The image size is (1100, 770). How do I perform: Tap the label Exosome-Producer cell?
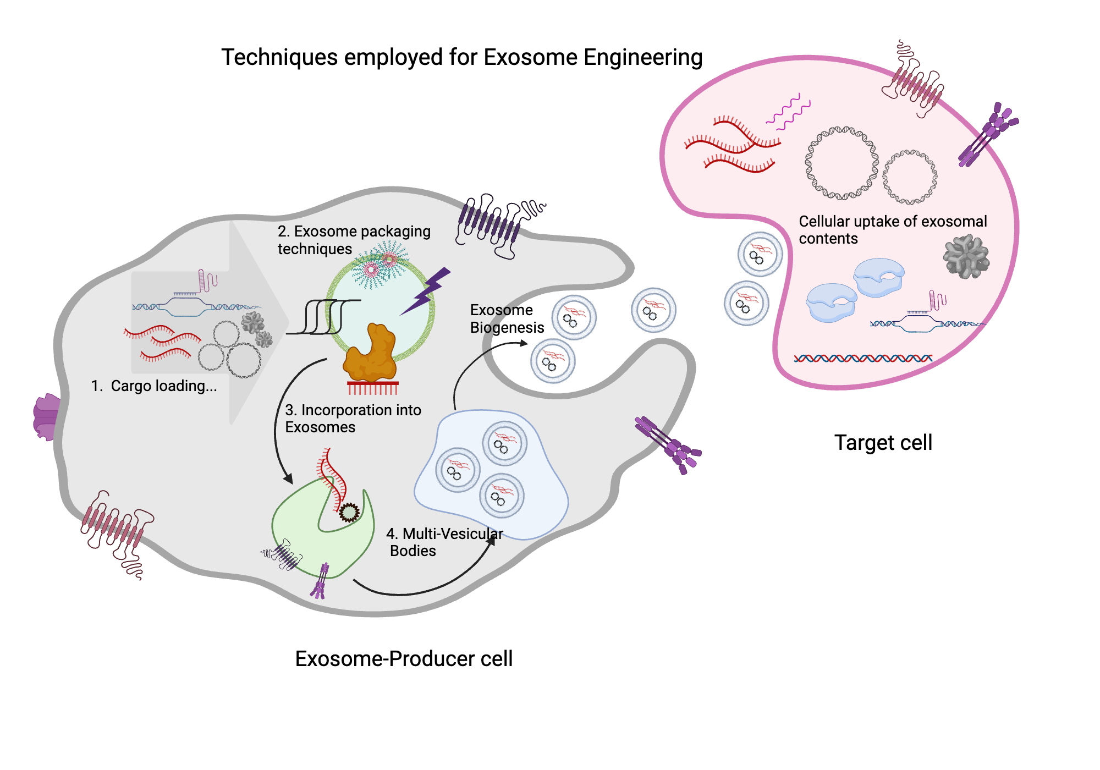[x=403, y=658]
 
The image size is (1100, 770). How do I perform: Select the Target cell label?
[x=883, y=442]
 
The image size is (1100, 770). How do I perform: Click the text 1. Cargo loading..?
[x=154, y=386]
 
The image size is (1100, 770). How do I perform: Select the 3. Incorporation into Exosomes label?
[x=352, y=419]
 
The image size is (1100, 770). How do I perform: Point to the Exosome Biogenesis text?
[x=506, y=318]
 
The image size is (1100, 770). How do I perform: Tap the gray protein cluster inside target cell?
[x=966, y=257]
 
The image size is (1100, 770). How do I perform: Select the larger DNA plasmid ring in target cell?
[x=842, y=163]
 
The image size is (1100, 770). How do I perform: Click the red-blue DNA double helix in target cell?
[x=862, y=359]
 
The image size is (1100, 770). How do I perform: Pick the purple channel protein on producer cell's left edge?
[x=47, y=416]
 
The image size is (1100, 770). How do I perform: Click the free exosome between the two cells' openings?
[x=653, y=310]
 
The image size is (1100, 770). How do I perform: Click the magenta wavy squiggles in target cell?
[x=788, y=112]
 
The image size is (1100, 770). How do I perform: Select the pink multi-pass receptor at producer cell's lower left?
[x=116, y=528]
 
